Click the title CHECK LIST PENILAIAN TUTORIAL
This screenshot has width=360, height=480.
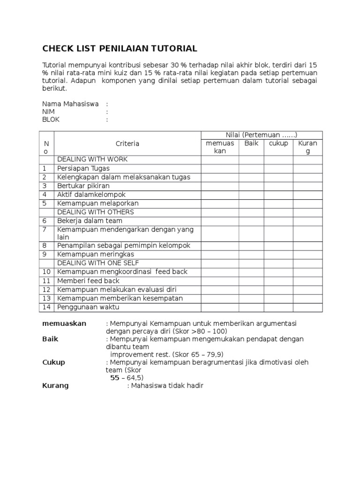tap(120, 49)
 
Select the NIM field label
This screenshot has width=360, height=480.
tap(48, 112)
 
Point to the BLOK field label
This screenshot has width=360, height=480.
tap(51, 120)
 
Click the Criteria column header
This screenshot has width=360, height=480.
tap(127, 143)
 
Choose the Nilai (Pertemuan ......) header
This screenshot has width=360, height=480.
tap(262, 135)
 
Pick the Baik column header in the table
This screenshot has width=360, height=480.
tap(251, 143)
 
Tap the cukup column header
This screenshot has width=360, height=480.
tap(278, 143)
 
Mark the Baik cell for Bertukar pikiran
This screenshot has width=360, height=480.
tap(251, 186)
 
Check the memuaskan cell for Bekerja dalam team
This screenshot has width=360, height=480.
tap(220, 221)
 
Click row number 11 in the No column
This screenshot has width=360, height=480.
tap(46, 280)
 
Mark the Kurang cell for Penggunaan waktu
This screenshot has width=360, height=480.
tap(308, 307)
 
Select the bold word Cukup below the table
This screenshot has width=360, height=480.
tap(54, 362)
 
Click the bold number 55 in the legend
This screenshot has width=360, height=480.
tap(115, 377)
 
